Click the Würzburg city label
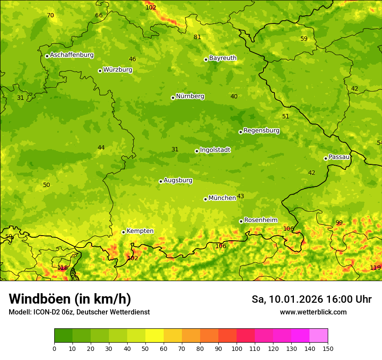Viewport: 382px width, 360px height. click(118, 70)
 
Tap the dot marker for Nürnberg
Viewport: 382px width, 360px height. click(173, 98)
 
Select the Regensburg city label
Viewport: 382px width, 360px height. click(261, 131)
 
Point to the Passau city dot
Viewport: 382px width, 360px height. click(326, 158)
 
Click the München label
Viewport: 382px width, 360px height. click(222, 198)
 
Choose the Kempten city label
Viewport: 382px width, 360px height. click(140, 231)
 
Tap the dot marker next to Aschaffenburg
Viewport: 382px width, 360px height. click(47, 56)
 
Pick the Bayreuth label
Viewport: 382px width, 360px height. click(223, 58)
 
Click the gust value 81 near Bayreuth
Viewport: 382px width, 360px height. click(198, 37)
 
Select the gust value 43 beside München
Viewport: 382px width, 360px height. click(240, 196)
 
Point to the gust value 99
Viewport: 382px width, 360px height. click(339, 223)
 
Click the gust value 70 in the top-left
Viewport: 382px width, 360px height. click(51, 16)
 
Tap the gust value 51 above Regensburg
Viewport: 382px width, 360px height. click(286, 117)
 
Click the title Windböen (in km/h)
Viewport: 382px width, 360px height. click(70, 299)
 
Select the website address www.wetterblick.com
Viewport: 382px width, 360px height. click(313, 312)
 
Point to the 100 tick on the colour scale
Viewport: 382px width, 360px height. click(237, 348)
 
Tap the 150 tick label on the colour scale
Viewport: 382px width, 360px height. click(328, 348)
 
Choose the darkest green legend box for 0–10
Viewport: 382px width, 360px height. click(63, 335)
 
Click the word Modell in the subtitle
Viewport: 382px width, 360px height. click(19, 312)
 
